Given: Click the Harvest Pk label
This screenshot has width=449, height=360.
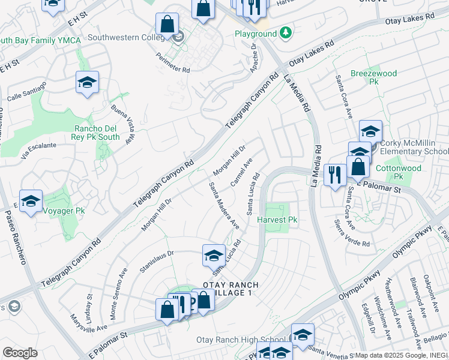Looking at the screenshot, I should click(x=277, y=220).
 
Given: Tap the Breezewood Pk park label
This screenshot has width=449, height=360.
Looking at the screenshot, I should click(x=374, y=77).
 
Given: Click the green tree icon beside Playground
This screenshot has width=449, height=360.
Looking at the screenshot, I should click(x=288, y=32).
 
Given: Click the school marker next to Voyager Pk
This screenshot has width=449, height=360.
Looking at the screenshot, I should click(x=31, y=202).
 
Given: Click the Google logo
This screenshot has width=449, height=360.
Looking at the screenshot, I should click(x=20, y=353).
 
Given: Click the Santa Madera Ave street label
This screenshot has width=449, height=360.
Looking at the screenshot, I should click(x=224, y=206).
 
